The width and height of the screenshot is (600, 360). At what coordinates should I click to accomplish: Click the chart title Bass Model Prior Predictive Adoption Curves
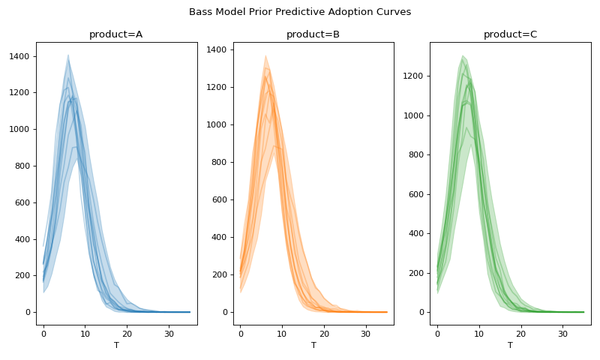pyautogui.click(x=300, y=12)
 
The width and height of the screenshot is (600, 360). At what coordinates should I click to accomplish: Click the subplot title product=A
pyautogui.click(x=116, y=34)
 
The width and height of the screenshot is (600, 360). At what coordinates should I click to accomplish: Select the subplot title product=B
pyautogui.click(x=313, y=34)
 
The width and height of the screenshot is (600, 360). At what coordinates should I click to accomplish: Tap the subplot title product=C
pyautogui.click(x=510, y=34)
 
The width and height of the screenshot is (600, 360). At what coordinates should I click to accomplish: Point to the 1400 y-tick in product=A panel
pyautogui.click(x=19, y=56)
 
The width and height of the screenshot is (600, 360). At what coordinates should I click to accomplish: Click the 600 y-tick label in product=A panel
pyautogui.click(x=22, y=202)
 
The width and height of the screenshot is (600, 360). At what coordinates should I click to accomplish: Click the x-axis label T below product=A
pyautogui.click(x=116, y=345)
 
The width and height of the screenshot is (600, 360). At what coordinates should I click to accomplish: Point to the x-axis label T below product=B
pyautogui.click(x=313, y=345)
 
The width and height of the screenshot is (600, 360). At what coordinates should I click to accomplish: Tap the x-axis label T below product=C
pyautogui.click(x=510, y=345)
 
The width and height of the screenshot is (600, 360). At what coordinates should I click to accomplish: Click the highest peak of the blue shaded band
pyautogui.click(x=68, y=55)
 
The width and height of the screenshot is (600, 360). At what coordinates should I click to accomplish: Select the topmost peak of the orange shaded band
pyautogui.click(x=265, y=55)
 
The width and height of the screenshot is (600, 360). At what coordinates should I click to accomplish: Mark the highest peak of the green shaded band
pyautogui.click(x=463, y=55)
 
